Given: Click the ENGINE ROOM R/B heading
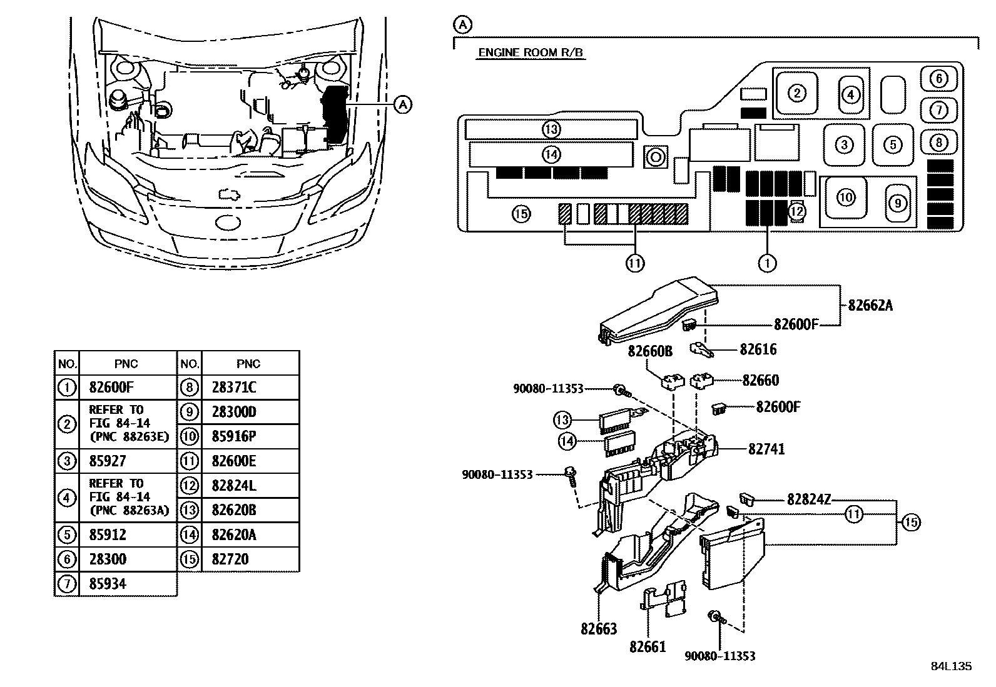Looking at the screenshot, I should (531, 53).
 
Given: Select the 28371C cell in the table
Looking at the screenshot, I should (234, 388).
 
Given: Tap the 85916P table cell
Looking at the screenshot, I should (234, 436).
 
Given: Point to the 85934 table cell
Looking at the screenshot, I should (108, 584).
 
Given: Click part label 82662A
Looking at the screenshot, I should (870, 306).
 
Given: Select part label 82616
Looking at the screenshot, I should (758, 349).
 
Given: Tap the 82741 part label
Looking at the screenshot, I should (766, 449).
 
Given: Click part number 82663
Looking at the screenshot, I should (598, 629).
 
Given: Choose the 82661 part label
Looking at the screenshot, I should (648, 647).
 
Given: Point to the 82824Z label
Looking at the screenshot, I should (809, 499).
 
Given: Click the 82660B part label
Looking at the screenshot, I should (650, 353).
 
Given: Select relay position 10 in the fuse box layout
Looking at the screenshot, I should (845, 198).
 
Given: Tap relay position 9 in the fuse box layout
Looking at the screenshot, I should (897, 203).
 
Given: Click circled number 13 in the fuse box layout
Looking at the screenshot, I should (551, 129).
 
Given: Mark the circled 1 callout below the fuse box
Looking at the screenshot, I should (767, 264).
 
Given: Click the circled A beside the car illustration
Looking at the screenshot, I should (404, 104).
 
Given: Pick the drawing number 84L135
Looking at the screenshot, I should (951, 666).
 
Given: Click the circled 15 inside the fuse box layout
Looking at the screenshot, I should (521, 214).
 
